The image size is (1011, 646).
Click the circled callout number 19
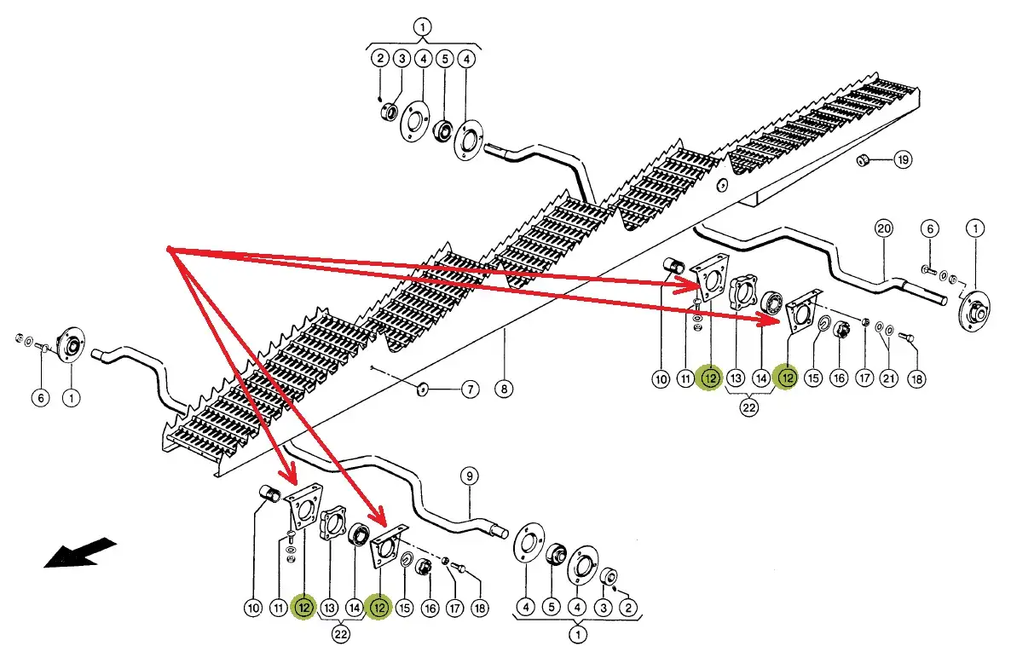click(x=903, y=159)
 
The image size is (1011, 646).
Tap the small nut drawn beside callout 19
click(x=863, y=159)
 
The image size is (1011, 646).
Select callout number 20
click(x=883, y=228)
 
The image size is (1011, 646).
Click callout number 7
click(x=470, y=390)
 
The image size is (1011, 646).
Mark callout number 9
click(x=467, y=476)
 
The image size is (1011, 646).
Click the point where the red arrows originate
click(x=170, y=250)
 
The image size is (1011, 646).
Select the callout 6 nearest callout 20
click(x=931, y=228)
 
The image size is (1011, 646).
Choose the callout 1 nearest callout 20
click(x=974, y=228)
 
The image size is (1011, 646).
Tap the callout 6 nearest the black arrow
click(x=38, y=396)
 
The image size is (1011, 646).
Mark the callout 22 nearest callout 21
click(x=748, y=407)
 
